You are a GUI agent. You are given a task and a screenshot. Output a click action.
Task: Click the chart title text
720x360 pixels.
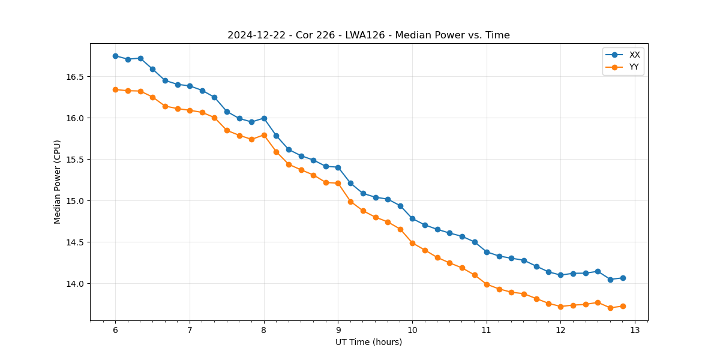pyautogui.click(x=368, y=35)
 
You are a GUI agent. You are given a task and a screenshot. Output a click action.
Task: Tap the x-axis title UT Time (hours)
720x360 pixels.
pyautogui.click(x=368, y=342)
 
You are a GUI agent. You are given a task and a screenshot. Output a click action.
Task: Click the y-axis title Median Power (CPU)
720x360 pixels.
pyautogui.click(x=58, y=182)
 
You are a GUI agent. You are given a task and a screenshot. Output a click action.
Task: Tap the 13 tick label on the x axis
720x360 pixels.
pyautogui.click(x=635, y=331)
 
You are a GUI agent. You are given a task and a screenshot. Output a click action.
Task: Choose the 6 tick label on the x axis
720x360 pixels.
pyautogui.click(x=115, y=331)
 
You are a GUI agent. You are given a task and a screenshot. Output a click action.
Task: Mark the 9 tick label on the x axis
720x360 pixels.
pyautogui.click(x=338, y=331)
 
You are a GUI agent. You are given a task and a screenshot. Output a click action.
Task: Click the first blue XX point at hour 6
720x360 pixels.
pyautogui.click(x=115, y=56)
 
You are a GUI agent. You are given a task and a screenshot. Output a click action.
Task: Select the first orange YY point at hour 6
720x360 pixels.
pyautogui.click(x=115, y=89)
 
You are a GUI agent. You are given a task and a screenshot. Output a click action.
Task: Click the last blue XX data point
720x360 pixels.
pyautogui.click(x=623, y=278)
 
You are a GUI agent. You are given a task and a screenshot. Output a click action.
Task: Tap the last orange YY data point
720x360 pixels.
pyautogui.click(x=623, y=306)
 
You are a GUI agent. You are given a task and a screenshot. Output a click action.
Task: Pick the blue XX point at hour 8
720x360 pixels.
pyautogui.click(x=264, y=118)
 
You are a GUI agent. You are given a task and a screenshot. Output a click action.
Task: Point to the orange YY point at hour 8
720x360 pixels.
pyautogui.click(x=264, y=135)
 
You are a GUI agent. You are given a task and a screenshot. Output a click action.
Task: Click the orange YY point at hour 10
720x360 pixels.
pyautogui.click(x=412, y=243)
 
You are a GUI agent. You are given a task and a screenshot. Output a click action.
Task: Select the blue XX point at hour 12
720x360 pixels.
pyautogui.click(x=560, y=275)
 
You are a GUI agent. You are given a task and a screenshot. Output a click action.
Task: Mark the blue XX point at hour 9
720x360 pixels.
pyautogui.click(x=338, y=167)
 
